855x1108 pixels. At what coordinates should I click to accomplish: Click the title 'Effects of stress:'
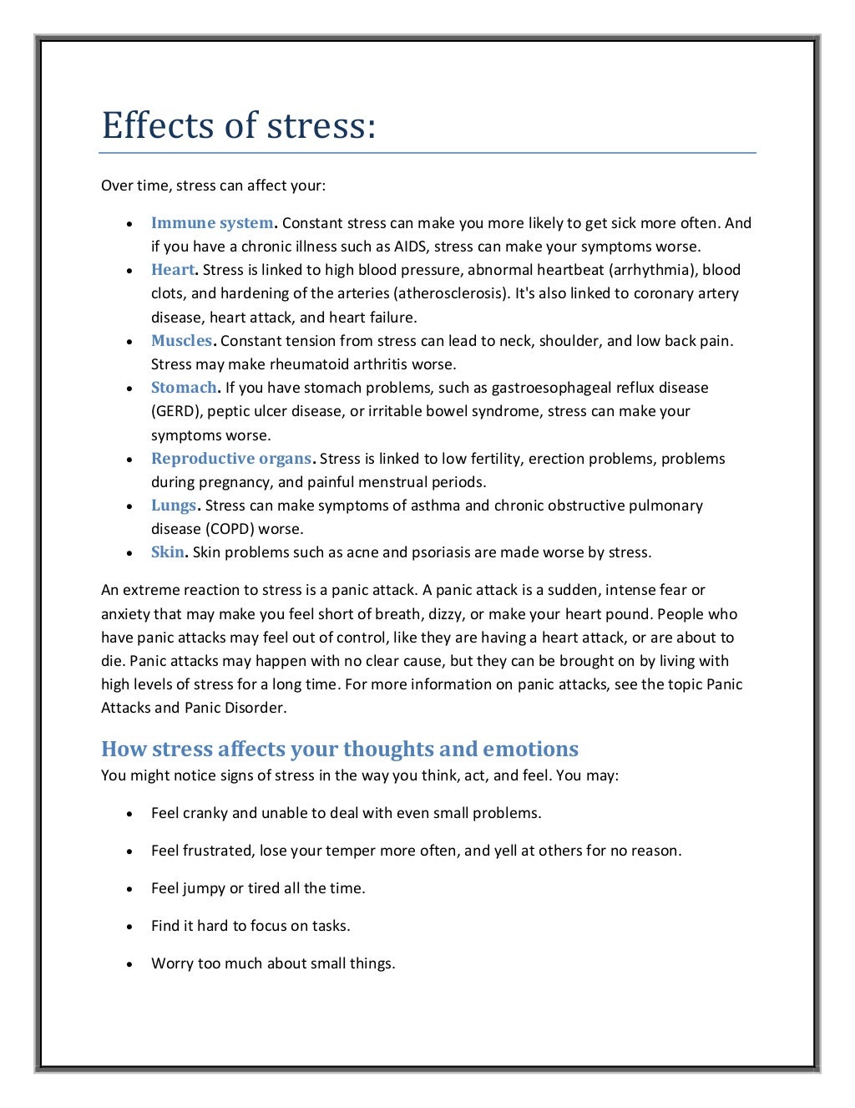click(x=239, y=126)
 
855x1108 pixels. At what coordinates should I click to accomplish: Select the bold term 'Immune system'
click(x=212, y=223)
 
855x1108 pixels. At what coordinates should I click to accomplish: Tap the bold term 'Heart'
click(x=173, y=270)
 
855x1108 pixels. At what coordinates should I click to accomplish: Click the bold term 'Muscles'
click(x=181, y=341)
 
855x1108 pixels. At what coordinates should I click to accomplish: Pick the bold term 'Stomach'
click(x=184, y=388)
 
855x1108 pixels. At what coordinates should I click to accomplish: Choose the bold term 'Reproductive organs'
click(x=231, y=459)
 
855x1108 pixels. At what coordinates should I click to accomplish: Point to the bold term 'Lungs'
click(x=174, y=506)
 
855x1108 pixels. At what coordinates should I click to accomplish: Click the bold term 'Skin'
click(x=167, y=552)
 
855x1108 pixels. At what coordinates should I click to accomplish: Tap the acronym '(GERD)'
click(x=175, y=411)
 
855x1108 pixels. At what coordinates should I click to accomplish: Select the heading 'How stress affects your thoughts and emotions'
click(x=340, y=749)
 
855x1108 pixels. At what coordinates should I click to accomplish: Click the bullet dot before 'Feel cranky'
click(x=129, y=814)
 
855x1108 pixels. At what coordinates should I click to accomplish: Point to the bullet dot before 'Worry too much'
click(x=129, y=964)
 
